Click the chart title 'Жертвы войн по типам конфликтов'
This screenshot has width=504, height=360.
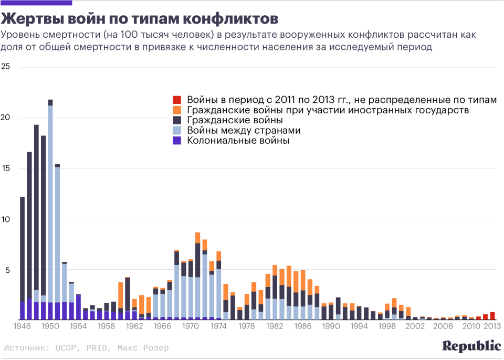[139, 19]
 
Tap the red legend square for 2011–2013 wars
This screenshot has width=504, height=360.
[177, 99]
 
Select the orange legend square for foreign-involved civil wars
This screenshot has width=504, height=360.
[177, 110]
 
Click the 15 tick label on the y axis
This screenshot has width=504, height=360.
[6, 168]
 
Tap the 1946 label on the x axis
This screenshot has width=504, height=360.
[22, 326]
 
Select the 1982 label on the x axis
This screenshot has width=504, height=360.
[275, 326]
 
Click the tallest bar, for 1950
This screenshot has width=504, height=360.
[50, 210]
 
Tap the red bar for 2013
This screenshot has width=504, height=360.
[492, 315]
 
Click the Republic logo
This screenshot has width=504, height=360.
[471, 346]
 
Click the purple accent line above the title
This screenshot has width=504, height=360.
[29, 3]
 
